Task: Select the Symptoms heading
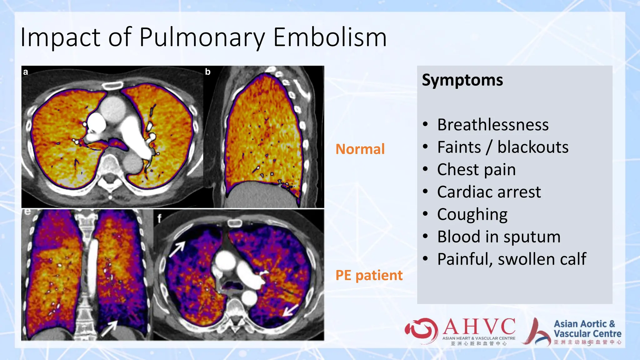click(x=462, y=80)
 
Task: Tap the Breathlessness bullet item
click(x=492, y=125)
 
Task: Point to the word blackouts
click(x=533, y=147)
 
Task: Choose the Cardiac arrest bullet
click(x=489, y=192)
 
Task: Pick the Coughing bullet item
click(x=472, y=215)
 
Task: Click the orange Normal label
click(x=360, y=149)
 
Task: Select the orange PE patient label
click(x=369, y=275)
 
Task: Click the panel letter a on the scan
click(x=26, y=72)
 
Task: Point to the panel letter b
click(x=208, y=72)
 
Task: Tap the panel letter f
click(x=159, y=218)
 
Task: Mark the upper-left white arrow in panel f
click(x=177, y=250)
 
